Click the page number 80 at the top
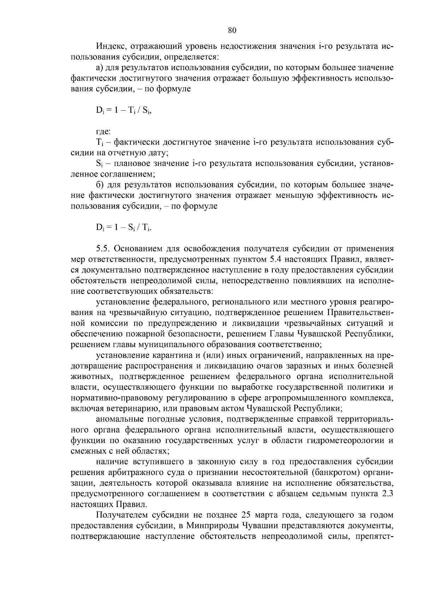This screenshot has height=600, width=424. click(x=232, y=30)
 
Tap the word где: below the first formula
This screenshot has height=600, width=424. click(x=103, y=132)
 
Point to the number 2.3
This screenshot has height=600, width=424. click(x=388, y=494)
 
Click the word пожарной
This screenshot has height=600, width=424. click(x=158, y=333)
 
